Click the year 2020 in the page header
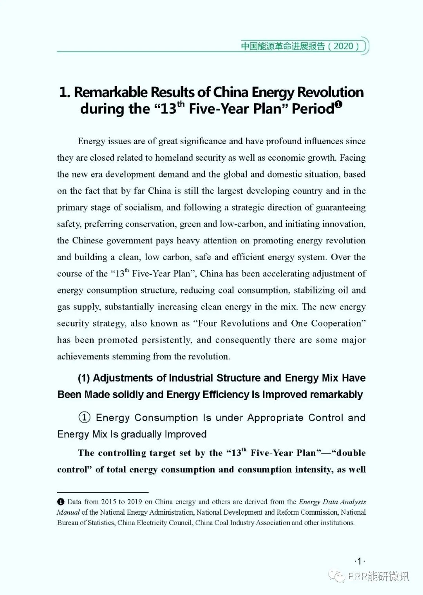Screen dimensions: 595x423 (x=343, y=46)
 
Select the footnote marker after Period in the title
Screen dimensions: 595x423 (x=339, y=105)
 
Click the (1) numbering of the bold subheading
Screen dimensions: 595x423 (x=84, y=378)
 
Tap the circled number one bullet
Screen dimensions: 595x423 (x=84, y=417)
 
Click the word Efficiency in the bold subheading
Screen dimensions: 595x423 (x=226, y=395)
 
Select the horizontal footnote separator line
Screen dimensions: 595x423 (x=103, y=492)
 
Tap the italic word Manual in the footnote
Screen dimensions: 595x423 (x=68, y=512)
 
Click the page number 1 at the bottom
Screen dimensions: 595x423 (x=359, y=561)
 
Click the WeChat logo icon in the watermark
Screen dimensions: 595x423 (x=337, y=576)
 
